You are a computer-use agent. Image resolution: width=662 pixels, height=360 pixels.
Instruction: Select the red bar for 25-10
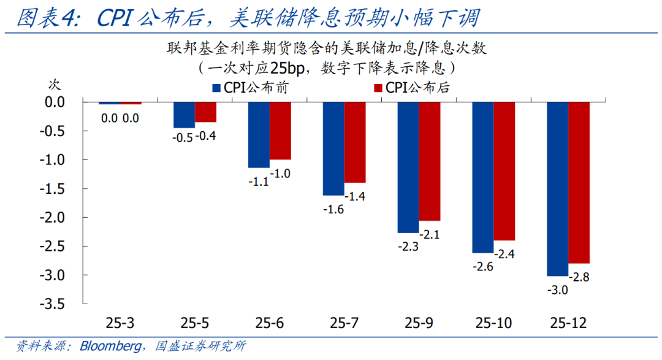tap(504, 171)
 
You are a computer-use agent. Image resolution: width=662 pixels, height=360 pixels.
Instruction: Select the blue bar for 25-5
tap(184, 115)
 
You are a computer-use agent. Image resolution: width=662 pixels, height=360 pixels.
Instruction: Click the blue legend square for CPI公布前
tap(216, 88)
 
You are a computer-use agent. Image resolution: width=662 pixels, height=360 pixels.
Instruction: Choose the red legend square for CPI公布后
tap(378, 88)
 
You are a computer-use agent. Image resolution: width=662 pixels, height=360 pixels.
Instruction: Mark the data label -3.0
tap(557, 291)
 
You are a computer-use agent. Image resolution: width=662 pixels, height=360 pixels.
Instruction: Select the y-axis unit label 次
tap(55, 83)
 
